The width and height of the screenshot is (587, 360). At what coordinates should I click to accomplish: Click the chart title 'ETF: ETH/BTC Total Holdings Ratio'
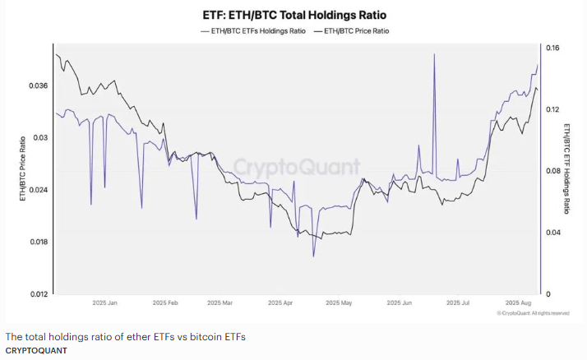coord(294,15)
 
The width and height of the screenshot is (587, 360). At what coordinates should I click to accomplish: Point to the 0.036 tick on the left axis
coord(38,85)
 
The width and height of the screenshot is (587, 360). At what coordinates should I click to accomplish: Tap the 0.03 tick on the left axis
coord(41,137)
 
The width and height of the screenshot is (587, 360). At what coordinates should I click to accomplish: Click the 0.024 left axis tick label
coord(38,190)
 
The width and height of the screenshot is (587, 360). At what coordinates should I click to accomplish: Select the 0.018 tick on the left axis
coord(38,242)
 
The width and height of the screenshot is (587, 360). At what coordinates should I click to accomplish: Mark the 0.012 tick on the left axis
coord(38,293)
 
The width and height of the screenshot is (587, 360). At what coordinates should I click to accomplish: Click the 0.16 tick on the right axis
coord(552,48)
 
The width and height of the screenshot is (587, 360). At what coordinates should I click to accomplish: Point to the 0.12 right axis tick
coord(552,109)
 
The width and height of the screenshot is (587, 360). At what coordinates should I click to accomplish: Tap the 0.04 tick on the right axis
coord(552,233)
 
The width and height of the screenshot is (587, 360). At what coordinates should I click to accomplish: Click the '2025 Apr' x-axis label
coord(280,303)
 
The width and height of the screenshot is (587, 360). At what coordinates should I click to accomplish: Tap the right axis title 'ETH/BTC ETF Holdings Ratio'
coord(566,168)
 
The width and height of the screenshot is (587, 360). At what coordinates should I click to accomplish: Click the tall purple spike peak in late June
coord(433,54)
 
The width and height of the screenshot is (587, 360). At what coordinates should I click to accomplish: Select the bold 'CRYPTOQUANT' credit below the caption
coord(36,350)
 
